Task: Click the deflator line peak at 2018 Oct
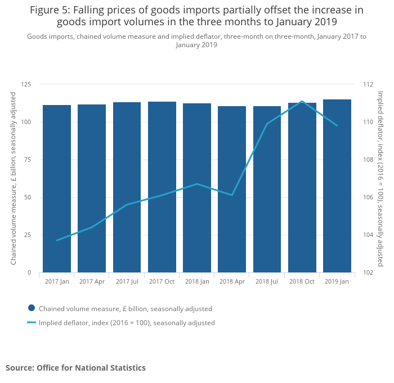click(x=302, y=101)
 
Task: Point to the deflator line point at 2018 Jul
click(x=267, y=124)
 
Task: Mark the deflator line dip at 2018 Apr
click(x=232, y=195)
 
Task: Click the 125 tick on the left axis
click(x=26, y=84)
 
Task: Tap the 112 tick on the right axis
click(x=368, y=84)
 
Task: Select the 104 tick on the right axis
click(x=368, y=235)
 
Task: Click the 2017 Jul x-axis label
click(x=127, y=281)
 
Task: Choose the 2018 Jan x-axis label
click(x=197, y=281)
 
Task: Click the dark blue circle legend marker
click(x=32, y=308)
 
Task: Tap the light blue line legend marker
click(x=32, y=322)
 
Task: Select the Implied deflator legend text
click(x=127, y=323)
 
